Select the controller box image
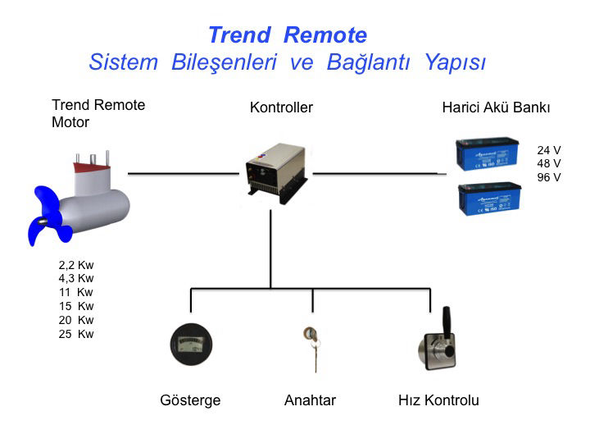click(x=276, y=170)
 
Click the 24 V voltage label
click(x=549, y=150)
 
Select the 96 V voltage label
click(x=549, y=177)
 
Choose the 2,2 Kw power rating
click(x=76, y=265)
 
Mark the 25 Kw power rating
click(x=76, y=334)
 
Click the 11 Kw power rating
click(x=76, y=293)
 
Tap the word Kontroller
click(x=281, y=107)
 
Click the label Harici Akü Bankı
click(x=496, y=107)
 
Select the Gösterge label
click(x=190, y=401)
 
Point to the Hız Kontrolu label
click(x=438, y=401)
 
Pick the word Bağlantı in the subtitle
click(x=371, y=62)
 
